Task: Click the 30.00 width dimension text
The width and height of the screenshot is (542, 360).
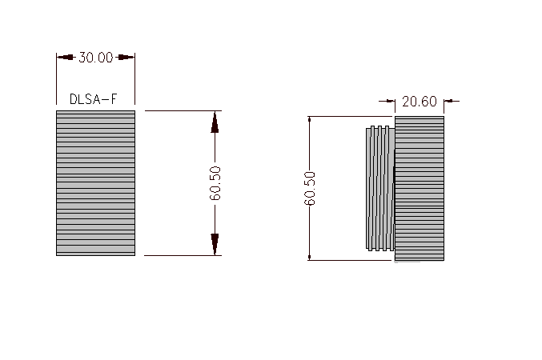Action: (x=95, y=58)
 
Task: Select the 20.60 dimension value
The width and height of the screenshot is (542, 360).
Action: (x=420, y=102)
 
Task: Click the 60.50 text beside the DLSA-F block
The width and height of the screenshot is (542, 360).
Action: (x=215, y=183)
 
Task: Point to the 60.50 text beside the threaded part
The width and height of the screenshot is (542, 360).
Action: (x=310, y=188)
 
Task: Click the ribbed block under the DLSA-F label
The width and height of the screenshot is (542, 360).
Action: (x=95, y=182)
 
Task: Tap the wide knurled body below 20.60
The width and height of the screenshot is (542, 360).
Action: (x=420, y=188)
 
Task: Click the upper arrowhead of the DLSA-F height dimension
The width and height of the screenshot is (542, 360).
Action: (x=215, y=121)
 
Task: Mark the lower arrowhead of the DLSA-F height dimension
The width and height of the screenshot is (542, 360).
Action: (x=215, y=245)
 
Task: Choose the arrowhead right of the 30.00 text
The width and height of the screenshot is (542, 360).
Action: (x=125, y=58)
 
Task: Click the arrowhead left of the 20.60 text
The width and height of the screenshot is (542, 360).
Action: (x=390, y=102)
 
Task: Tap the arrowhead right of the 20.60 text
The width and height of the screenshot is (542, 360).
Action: (x=449, y=102)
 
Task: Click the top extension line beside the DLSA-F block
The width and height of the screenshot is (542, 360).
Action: (x=180, y=110)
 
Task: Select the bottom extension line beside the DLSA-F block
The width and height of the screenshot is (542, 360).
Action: (x=180, y=255)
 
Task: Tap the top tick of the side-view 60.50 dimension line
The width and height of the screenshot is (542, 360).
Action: (x=310, y=117)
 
